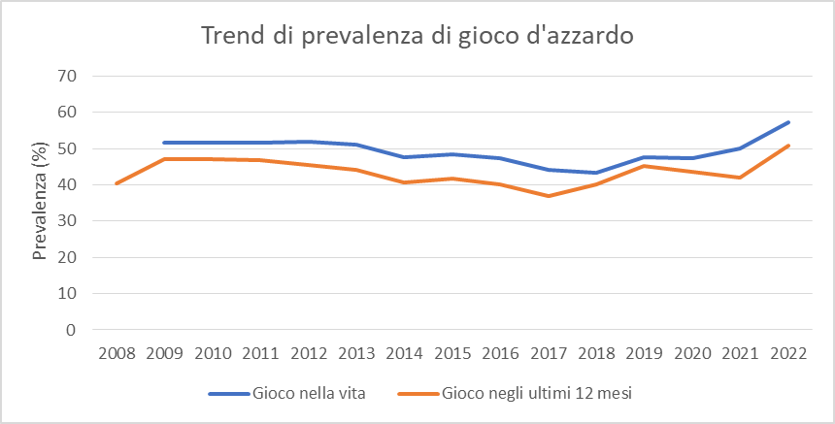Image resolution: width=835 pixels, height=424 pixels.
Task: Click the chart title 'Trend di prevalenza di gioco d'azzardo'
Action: pyautogui.click(x=417, y=37)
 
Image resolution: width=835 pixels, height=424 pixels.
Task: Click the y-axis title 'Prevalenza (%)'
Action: pyautogui.click(x=40, y=202)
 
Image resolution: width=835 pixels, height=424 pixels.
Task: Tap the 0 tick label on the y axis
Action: pyautogui.click(x=71, y=330)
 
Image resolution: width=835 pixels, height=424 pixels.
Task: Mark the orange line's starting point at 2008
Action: pyautogui.click(x=117, y=183)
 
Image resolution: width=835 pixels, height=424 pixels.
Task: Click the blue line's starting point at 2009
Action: pyautogui.click(x=164, y=143)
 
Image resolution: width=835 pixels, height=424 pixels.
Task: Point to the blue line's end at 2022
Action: pyautogui.click(x=788, y=122)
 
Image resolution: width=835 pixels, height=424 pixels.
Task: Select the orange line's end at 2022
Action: pyautogui.click(x=788, y=146)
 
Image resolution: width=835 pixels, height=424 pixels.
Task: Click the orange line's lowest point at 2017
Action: pyautogui.click(x=549, y=196)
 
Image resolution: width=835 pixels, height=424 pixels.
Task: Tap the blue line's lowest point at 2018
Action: pyautogui.click(x=596, y=173)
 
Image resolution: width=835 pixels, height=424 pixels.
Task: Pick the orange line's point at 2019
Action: pyautogui.click(x=645, y=166)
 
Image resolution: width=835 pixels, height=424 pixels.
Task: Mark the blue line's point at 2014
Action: pyautogui.click(x=404, y=157)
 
